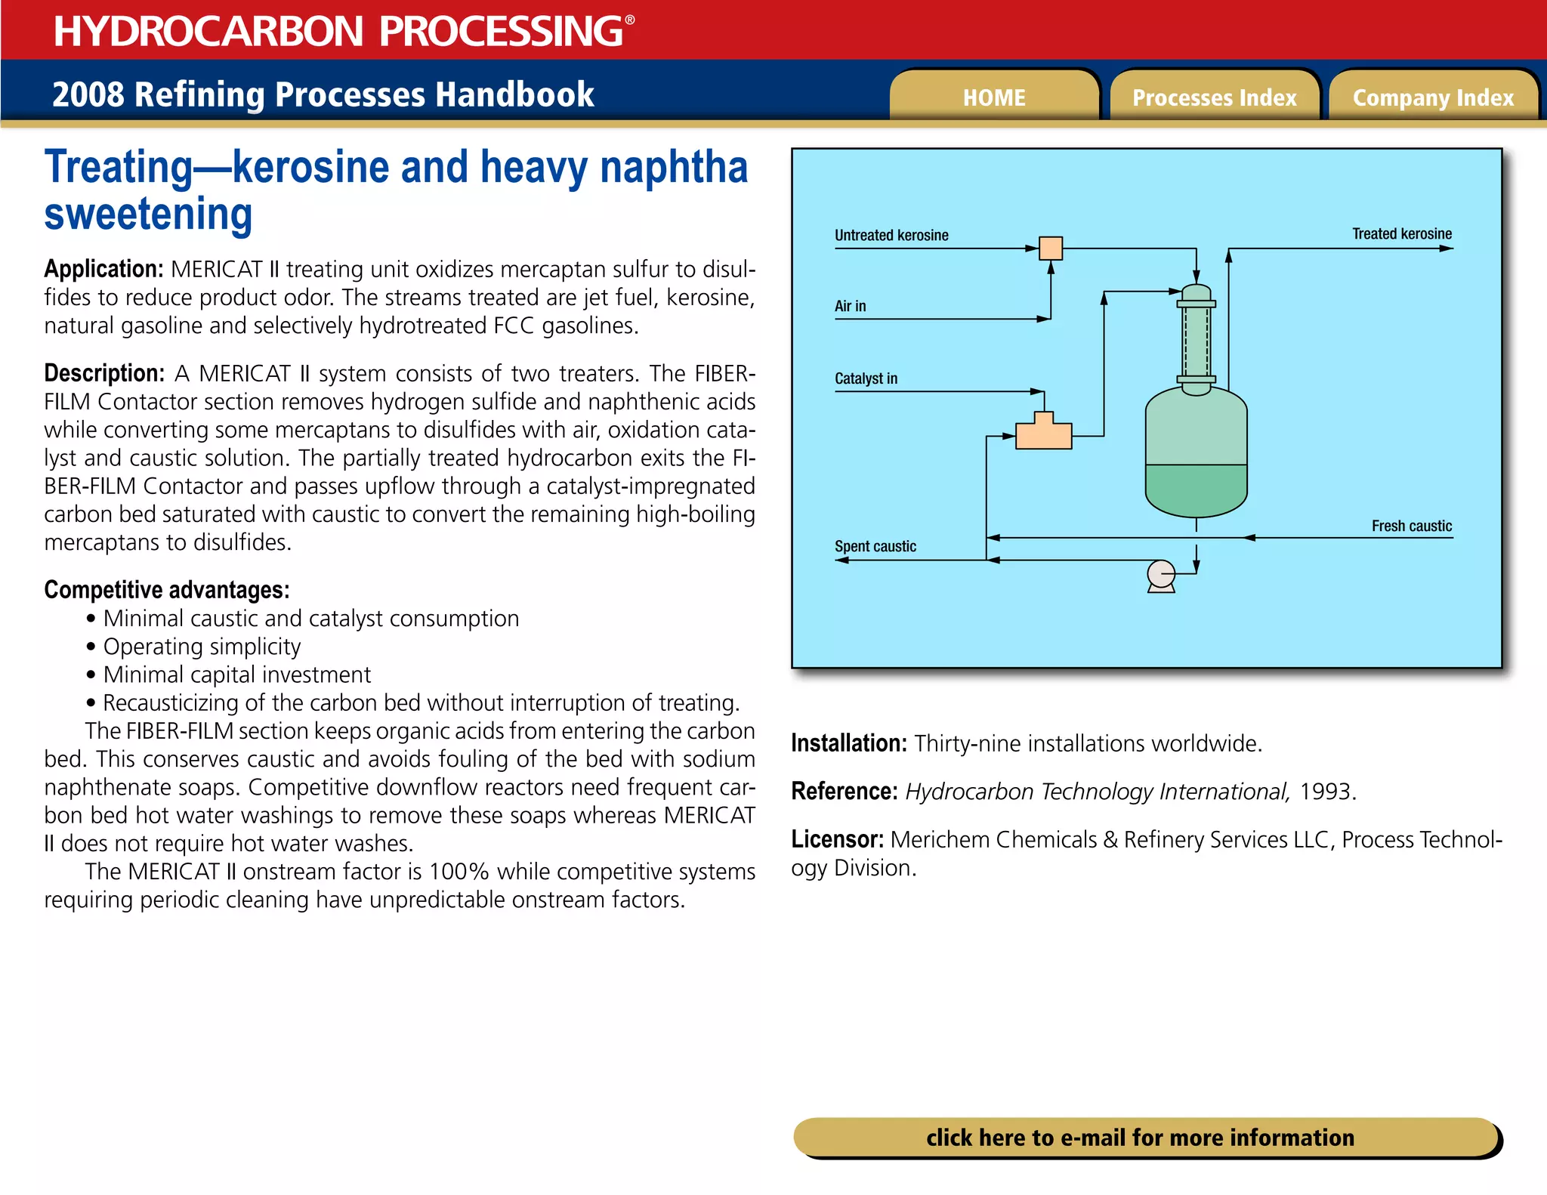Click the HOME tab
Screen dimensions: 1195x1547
[x=993, y=97]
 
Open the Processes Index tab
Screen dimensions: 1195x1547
[x=1214, y=97]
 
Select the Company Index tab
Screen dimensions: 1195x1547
[x=1433, y=97]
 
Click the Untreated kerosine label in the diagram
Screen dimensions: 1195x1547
[x=891, y=235]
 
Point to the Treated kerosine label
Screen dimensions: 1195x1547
[x=1401, y=233]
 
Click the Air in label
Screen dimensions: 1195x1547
[x=850, y=306]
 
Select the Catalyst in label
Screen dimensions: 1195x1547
[x=866, y=378]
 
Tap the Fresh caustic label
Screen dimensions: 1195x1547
[x=1411, y=526]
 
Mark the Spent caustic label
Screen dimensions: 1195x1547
[x=875, y=546]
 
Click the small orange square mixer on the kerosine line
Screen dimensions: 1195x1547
[x=1051, y=248]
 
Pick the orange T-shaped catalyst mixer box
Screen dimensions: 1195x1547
[x=1043, y=434]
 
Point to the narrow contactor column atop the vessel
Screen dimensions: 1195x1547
[x=1196, y=340]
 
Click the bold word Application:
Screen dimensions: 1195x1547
[x=103, y=269]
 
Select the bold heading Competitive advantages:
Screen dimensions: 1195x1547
[x=166, y=589]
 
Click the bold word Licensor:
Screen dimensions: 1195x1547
[x=837, y=839]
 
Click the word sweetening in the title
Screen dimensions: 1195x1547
[x=148, y=215]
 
